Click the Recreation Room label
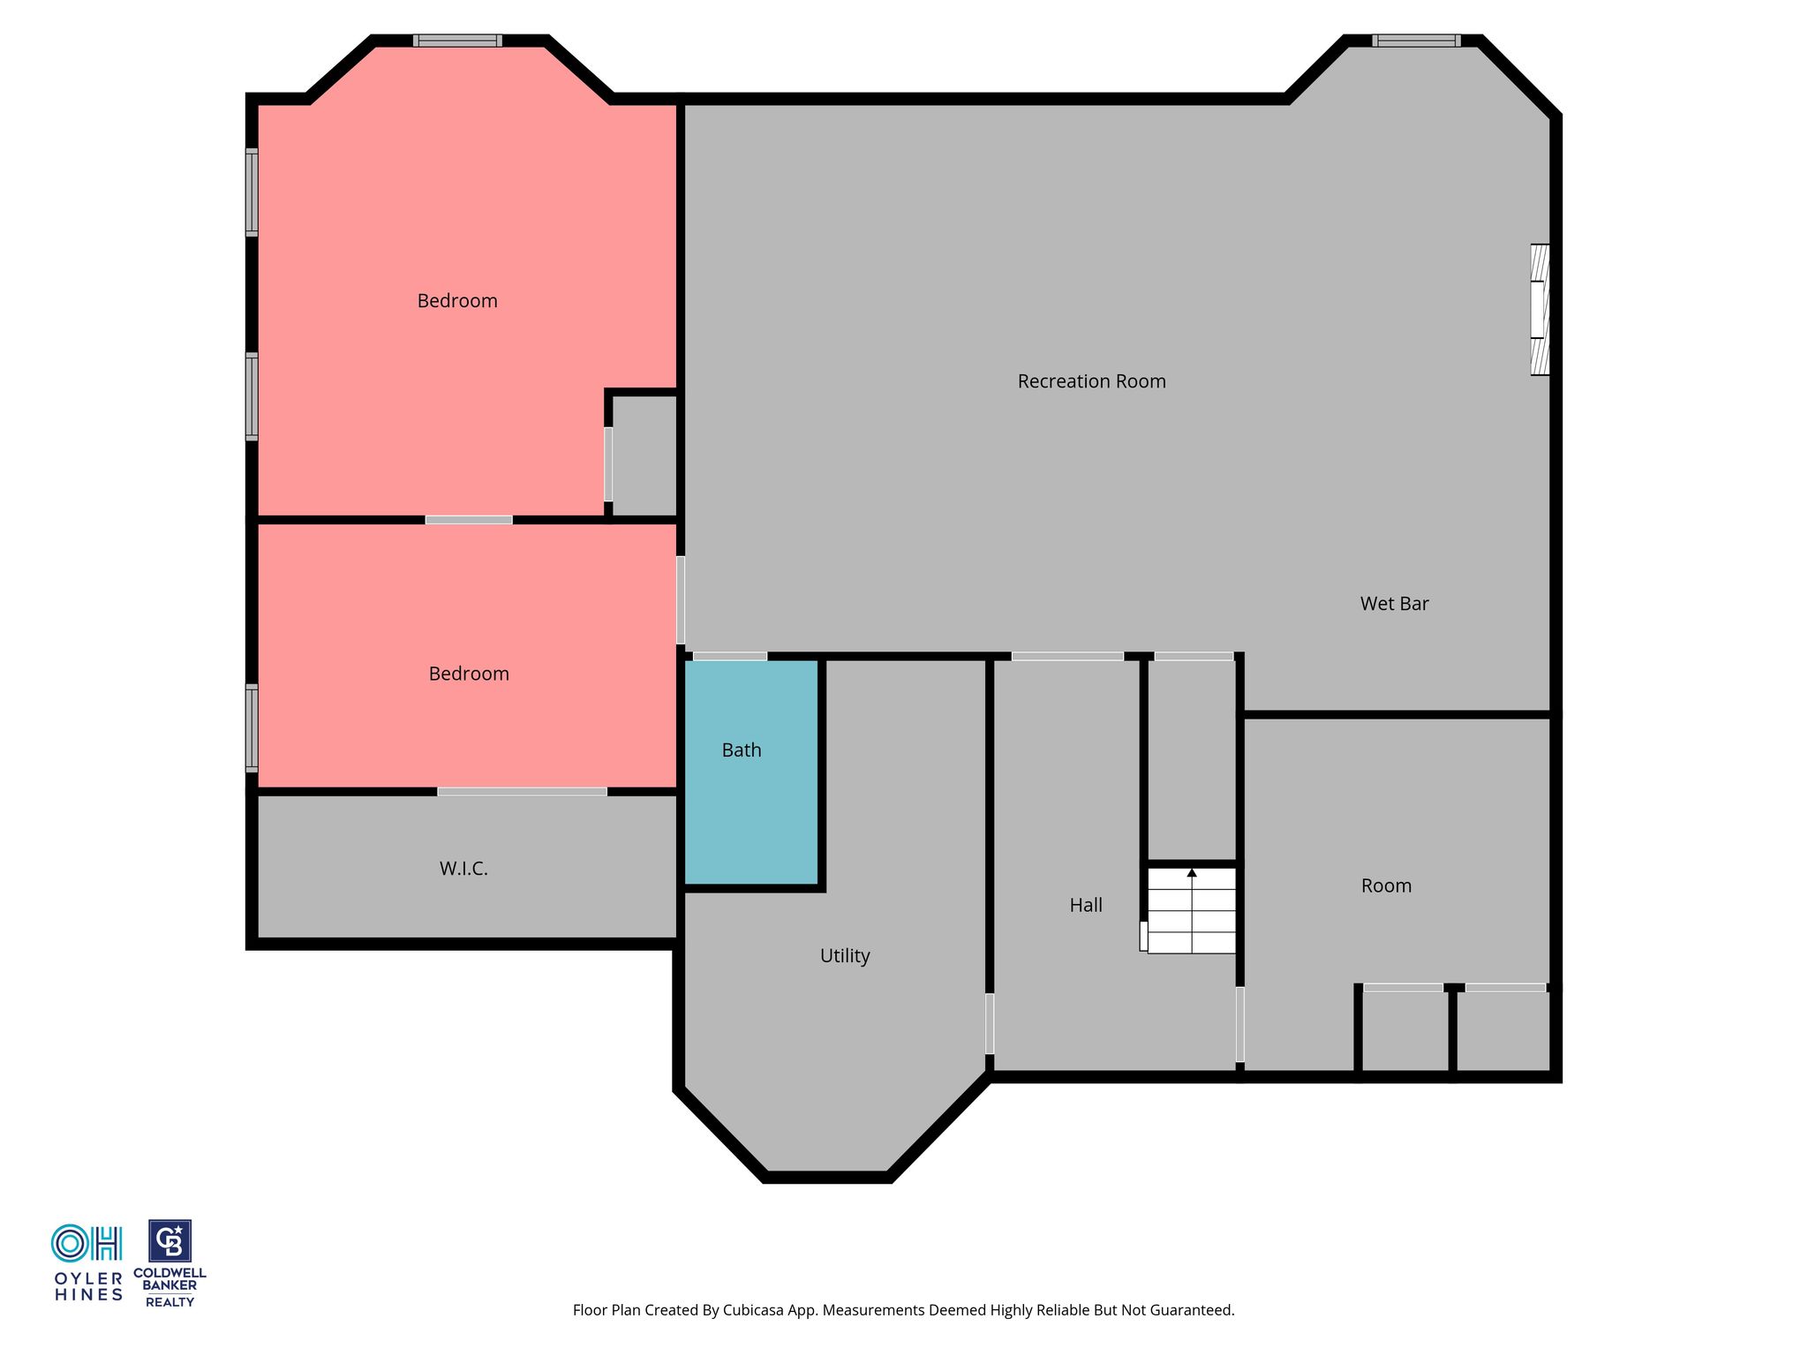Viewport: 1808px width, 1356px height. click(x=1091, y=381)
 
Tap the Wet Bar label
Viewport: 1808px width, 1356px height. click(x=1394, y=604)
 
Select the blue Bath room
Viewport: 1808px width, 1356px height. click(x=751, y=772)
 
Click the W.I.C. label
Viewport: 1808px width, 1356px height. click(x=463, y=869)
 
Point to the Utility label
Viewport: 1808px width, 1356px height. click(x=845, y=956)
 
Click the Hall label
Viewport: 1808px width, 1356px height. click(x=1086, y=905)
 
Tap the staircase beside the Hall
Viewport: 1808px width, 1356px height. click(x=1192, y=910)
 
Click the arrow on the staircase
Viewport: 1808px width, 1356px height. click(x=1192, y=910)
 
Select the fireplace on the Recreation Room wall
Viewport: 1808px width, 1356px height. click(x=1540, y=310)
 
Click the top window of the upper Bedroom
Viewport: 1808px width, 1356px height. click(x=457, y=41)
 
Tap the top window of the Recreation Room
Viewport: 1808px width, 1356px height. click(x=1416, y=41)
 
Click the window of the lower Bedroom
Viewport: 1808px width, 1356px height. click(x=252, y=727)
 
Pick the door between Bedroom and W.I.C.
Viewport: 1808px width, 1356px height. click(x=522, y=792)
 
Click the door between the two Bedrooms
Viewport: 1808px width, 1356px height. click(x=469, y=520)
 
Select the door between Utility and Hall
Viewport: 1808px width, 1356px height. click(x=990, y=1023)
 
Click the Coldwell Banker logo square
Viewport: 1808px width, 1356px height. click(x=169, y=1241)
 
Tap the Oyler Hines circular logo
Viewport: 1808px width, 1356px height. click(x=70, y=1243)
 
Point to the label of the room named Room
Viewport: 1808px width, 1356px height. click(x=1386, y=886)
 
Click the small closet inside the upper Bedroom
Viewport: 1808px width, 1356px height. click(x=644, y=456)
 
